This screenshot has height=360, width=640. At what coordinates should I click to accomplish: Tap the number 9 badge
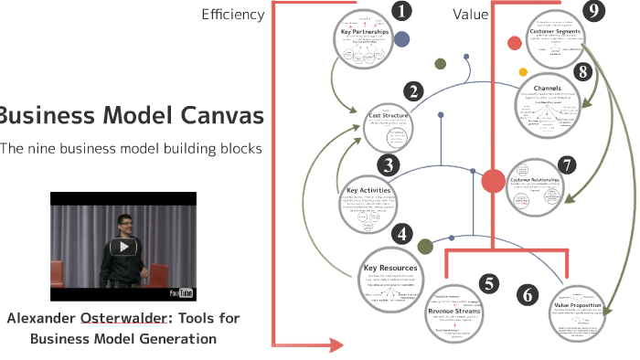595,11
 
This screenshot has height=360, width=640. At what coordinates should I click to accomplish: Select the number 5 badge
490,284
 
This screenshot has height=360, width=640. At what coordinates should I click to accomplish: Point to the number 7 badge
567,164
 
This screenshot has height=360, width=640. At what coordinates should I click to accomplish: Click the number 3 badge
389,165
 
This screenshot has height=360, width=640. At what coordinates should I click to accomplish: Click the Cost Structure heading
389,116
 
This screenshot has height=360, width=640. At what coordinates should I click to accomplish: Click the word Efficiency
233,14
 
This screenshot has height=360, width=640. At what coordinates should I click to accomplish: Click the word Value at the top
470,14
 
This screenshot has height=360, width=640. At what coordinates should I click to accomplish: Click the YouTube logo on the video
181,292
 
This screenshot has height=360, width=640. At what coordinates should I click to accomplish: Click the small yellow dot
523,71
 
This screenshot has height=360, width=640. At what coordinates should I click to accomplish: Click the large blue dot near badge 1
401,39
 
